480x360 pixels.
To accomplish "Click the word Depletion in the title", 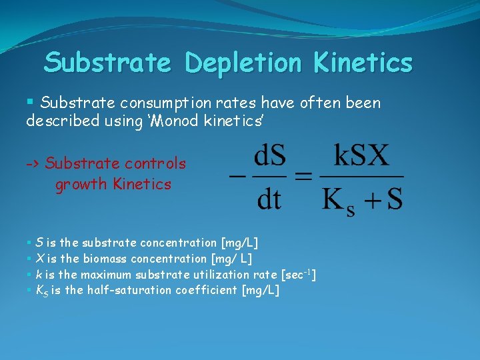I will (x=247, y=63).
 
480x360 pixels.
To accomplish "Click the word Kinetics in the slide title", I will (x=364, y=63).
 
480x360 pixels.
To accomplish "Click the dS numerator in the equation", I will (x=269, y=159).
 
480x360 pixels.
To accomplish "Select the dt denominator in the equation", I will (x=269, y=199).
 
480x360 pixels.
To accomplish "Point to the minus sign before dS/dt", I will (x=236, y=177).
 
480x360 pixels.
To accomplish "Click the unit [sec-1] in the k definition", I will (x=299, y=274).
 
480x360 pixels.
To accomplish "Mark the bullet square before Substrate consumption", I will (x=30, y=102).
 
